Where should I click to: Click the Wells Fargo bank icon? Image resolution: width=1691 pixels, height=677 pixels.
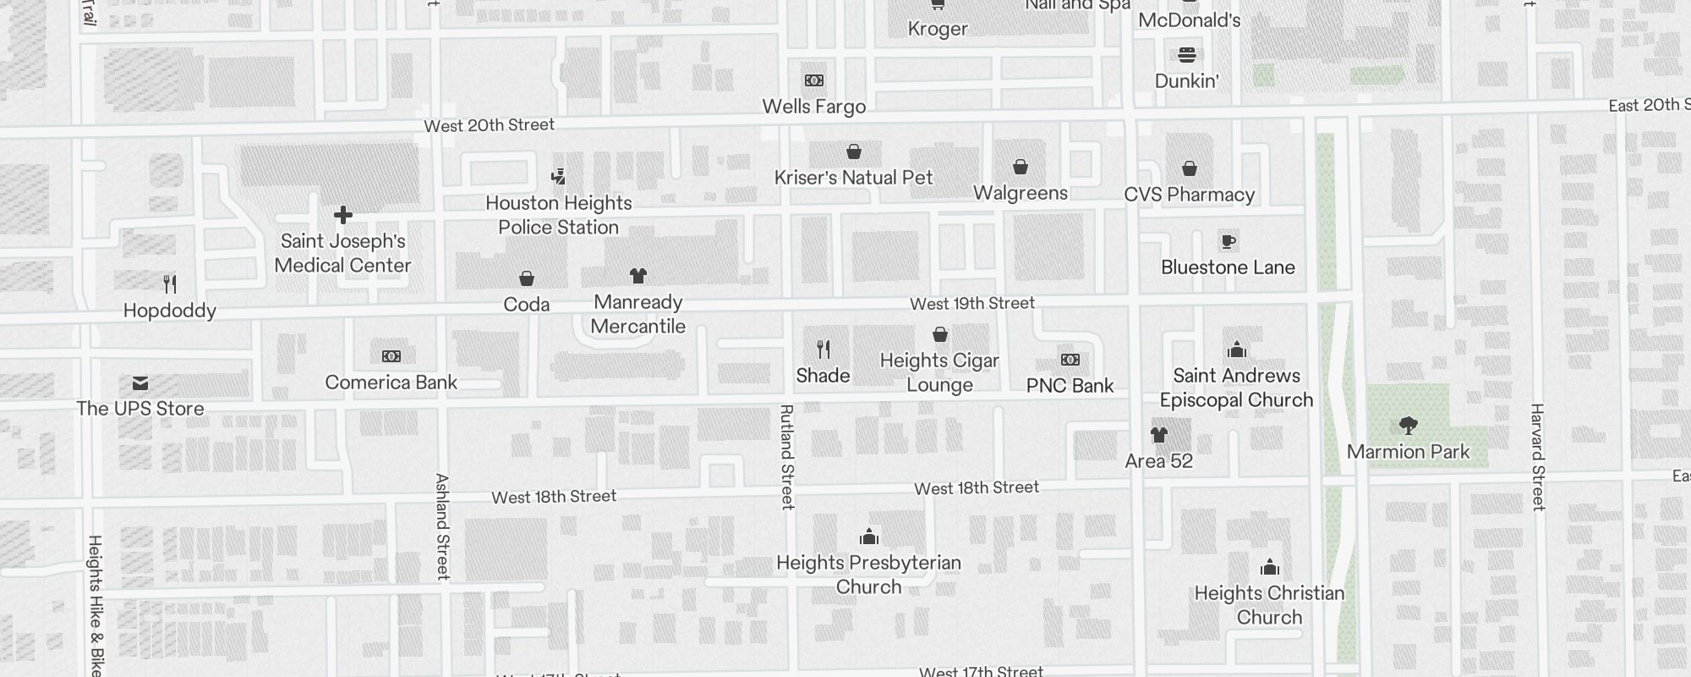(814, 80)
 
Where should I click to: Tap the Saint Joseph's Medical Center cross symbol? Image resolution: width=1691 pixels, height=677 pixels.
(343, 215)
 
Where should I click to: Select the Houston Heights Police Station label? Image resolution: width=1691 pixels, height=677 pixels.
(559, 215)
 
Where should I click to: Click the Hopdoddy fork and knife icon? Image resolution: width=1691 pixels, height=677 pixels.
(170, 283)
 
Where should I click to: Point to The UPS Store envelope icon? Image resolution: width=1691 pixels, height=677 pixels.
(140, 383)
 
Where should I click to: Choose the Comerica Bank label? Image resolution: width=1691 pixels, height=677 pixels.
(391, 383)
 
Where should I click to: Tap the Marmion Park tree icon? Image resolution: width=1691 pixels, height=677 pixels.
(1408, 425)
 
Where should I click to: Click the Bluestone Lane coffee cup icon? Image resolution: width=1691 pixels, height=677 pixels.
(1229, 242)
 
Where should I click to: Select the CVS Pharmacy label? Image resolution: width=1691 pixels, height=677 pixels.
(1189, 195)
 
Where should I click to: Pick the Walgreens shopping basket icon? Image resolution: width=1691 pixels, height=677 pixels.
(1021, 167)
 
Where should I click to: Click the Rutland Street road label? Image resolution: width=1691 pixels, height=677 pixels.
(787, 457)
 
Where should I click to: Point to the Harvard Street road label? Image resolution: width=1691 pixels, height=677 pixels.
(1537, 457)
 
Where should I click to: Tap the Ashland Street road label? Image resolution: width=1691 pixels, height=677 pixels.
(442, 526)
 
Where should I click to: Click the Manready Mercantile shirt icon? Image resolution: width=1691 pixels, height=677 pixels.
(638, 276)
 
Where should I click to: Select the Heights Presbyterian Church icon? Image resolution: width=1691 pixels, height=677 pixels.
(869, 537)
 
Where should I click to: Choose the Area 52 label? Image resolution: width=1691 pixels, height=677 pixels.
(1158, 461)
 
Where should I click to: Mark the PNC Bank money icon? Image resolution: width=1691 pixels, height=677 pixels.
(1070, 360)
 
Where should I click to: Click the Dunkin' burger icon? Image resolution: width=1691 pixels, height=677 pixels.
(1187, 55)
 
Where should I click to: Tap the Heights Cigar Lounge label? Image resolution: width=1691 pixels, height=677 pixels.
(939, 372)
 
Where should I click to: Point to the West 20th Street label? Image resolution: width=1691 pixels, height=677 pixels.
(489, 125)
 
